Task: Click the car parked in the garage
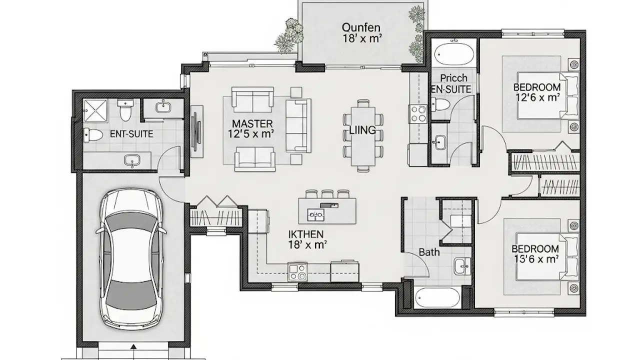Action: (131, 258)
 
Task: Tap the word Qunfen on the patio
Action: (361, 27)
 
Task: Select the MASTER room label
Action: (252, 123)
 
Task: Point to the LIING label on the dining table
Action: (362, 130)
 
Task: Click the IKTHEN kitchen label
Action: (306, 234)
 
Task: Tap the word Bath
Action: (429, 252)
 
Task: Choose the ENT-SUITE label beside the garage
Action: (131, 134)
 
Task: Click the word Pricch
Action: (453, 78)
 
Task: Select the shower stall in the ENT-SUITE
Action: (95, 110)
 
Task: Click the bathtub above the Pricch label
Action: (453, 54)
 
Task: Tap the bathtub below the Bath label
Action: (437, 297)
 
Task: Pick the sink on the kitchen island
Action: (315, 214)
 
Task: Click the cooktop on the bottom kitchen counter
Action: (297, 271)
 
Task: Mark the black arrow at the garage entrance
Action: (133, 347)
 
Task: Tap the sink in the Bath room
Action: (462, 266)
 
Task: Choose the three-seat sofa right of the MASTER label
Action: (298, 125)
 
